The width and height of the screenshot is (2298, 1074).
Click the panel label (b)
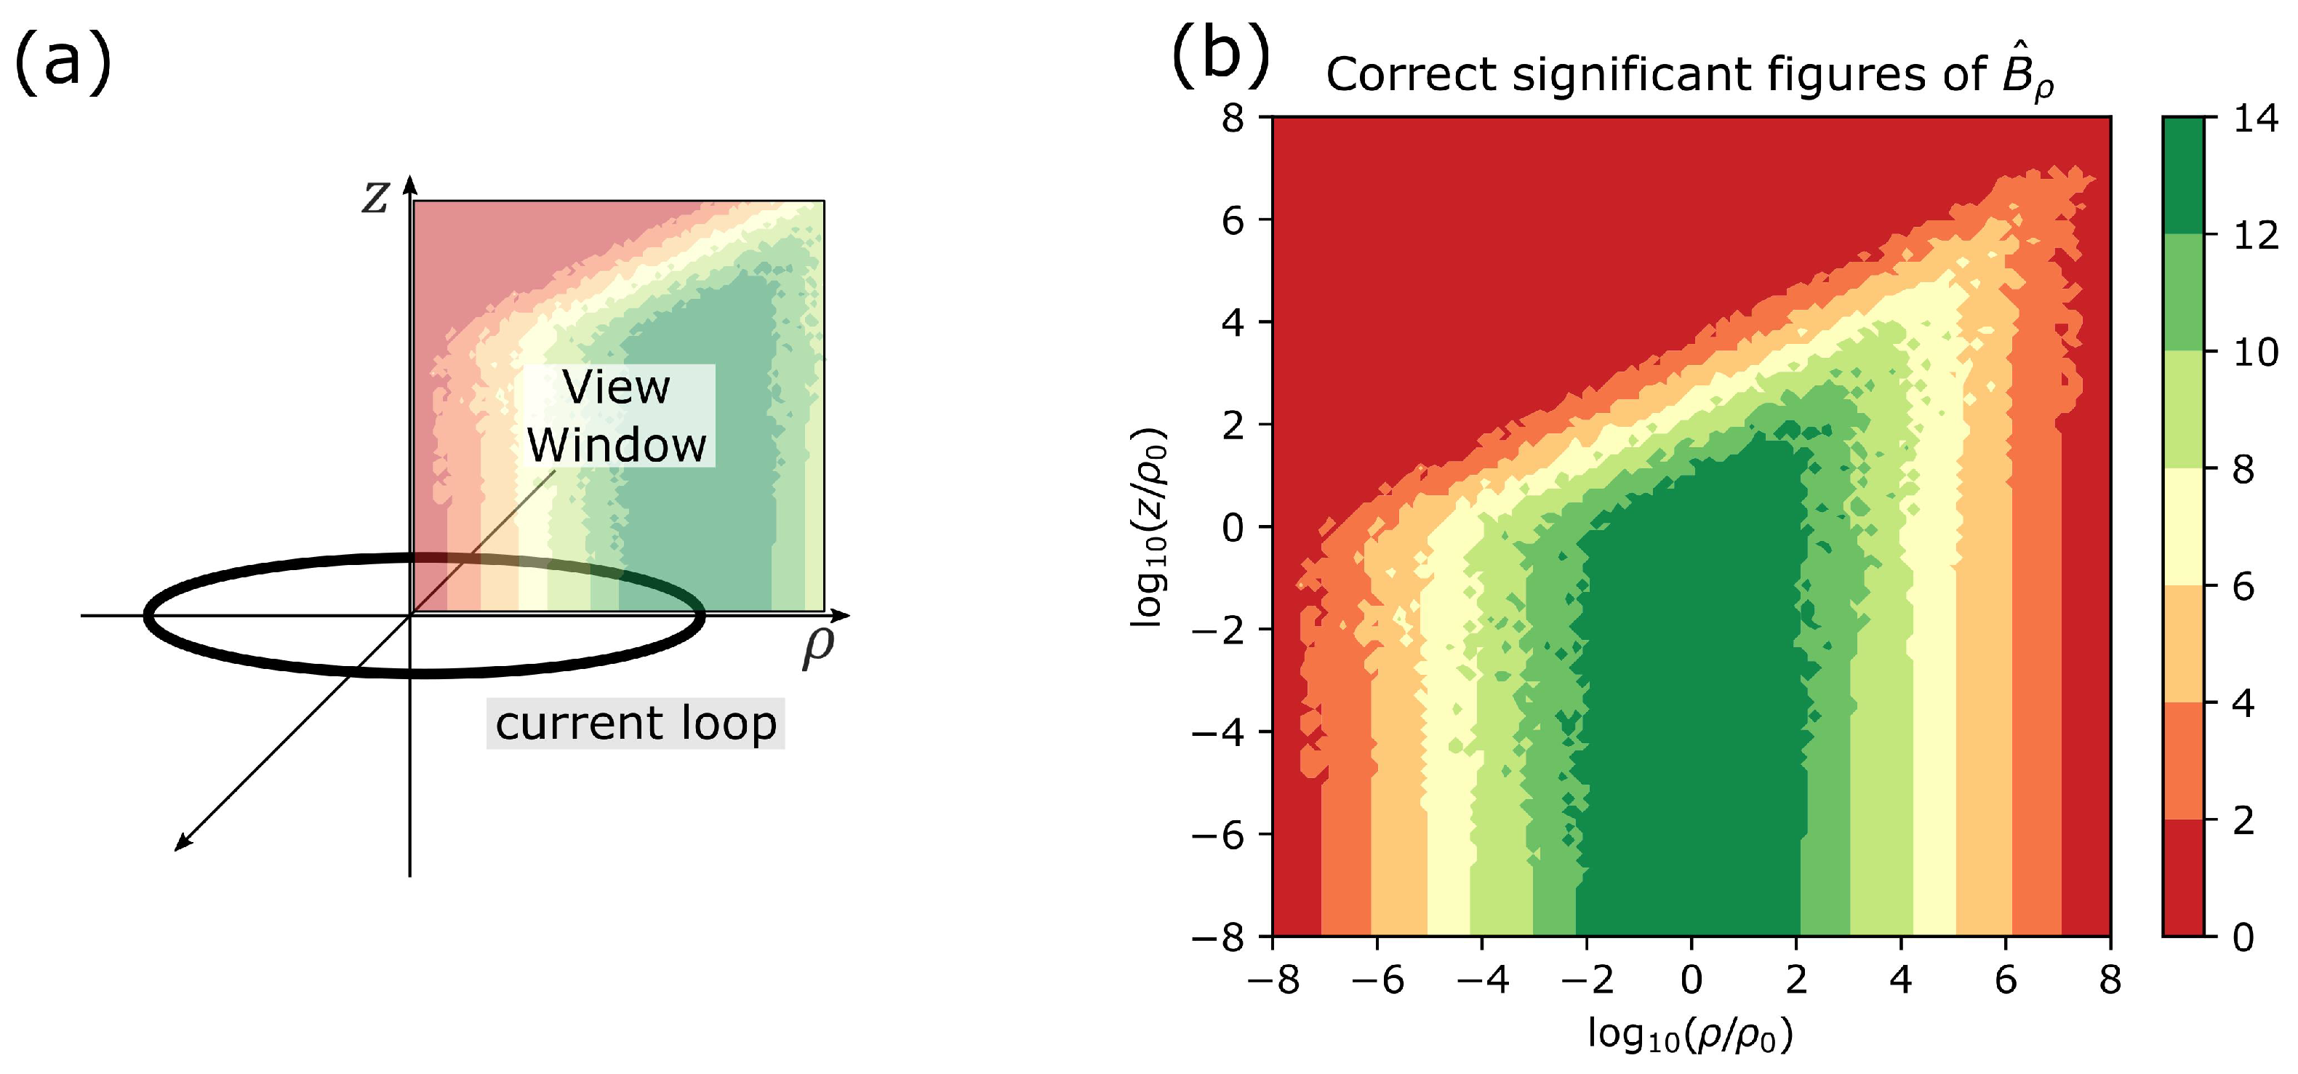(x=1220, y=60)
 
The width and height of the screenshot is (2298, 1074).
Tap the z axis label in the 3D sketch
(x=375, y=197)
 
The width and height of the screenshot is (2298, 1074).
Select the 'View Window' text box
(x=617, y=416)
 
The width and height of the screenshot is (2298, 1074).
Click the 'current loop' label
(x=635, y=724)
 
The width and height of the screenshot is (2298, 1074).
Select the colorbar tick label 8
(x=2243, y=470)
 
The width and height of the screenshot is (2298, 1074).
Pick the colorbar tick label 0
(x=2243, y=937)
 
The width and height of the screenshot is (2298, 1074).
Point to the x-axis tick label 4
(x=1901, y=981)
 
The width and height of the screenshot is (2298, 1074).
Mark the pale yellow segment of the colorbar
(x=2183, y=527)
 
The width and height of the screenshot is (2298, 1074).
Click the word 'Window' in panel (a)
(x=617, y=445)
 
